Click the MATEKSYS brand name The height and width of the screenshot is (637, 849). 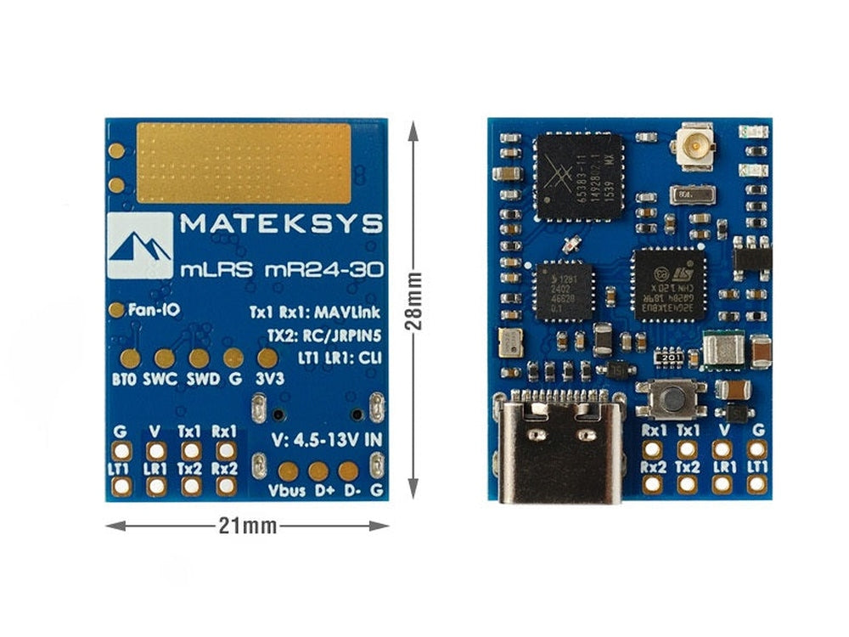point(280,224)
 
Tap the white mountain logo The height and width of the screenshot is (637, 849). point(140,245)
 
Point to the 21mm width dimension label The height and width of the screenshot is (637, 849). point(247,526)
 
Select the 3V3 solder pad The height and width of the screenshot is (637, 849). point(267,358)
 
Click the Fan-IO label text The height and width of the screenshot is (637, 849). point(153,311)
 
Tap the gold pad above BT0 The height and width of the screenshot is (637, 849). point(130,358)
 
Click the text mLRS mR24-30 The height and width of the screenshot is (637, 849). point(281,270)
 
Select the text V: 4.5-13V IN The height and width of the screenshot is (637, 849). point(325,442)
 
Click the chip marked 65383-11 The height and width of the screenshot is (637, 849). point(579,176)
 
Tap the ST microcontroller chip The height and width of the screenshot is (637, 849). point(670,284)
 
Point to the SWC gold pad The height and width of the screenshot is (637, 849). point(165,358)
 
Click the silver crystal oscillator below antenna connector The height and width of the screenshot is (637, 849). point(689,196)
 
